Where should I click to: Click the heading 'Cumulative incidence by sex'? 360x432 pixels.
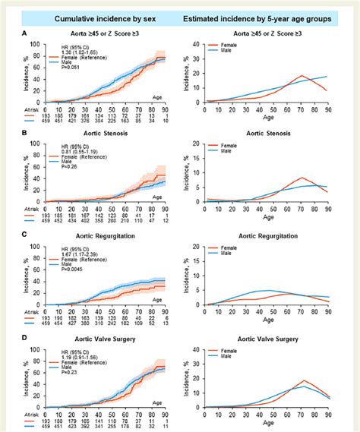pos(93,16)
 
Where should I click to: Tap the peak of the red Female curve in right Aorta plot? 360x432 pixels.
pos(302,76)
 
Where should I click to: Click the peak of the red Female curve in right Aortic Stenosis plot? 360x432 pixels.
pos(302,178)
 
